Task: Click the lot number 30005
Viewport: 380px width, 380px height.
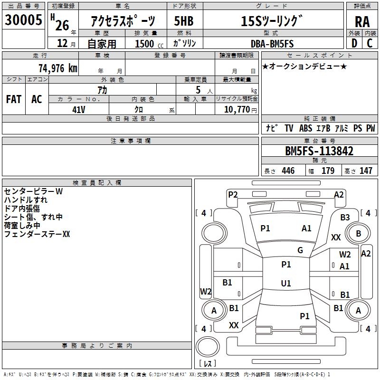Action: pos(23,20)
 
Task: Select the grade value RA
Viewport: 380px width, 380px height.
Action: pos(362,22)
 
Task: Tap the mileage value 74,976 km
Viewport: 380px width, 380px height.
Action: pos(58,68)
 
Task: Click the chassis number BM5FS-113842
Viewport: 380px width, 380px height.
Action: pos(319,151)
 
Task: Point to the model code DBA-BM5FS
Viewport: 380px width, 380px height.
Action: pos(272,44)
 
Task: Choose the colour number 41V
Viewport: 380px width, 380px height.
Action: pos(79,110)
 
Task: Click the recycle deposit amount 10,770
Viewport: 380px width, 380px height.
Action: pos(237,110)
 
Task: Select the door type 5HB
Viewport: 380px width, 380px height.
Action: pos(184,21)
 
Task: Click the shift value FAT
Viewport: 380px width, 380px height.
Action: pos(14,99)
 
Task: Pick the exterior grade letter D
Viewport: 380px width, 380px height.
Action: pos(354,43)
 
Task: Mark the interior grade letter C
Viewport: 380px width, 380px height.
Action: pos(370,43)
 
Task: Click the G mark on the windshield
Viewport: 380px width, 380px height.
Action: pos(300,250)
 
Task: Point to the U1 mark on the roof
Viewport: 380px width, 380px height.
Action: pos(286,283)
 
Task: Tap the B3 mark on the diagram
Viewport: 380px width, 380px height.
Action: pos(345,218)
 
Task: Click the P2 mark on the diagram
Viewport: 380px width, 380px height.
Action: pos(233,195)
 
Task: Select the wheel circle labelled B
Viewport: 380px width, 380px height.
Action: pos(358,233)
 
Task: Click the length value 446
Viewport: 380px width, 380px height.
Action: pos(288,171)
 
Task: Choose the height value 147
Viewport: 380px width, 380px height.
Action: pos(366,171)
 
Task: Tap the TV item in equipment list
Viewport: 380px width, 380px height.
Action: pos(289,128)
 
